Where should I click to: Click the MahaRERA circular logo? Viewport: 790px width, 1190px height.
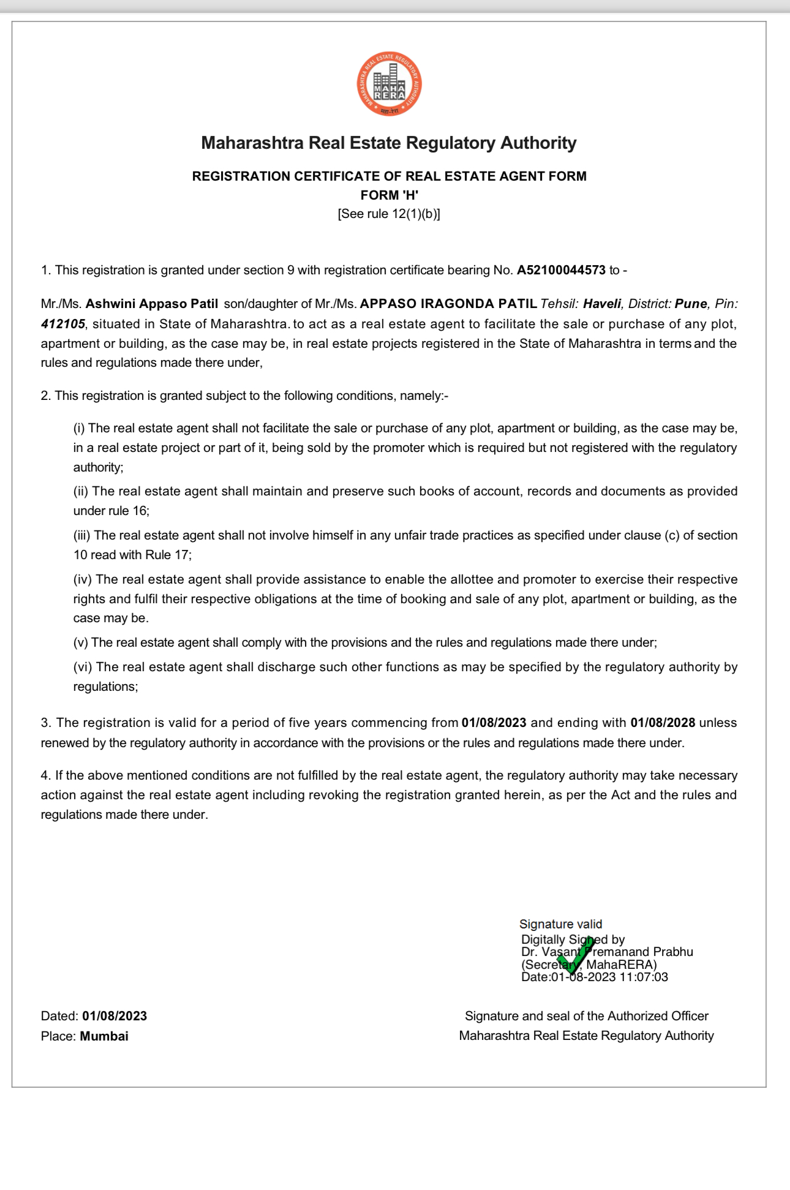pyautogui.click(x=389, y=84)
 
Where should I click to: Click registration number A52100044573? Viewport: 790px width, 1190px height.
pyautogui.click(x=561, y=270)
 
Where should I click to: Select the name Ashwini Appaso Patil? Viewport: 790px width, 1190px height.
pyautogui.click(x=152, y=304)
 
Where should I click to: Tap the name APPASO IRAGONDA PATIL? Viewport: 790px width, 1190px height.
pyautogui.click(x=448, y=304)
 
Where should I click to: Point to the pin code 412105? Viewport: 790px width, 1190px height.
pyautogui.click(x=63, y=323)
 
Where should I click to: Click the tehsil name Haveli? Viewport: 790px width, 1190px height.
pyautogui.click(x=602, y=304)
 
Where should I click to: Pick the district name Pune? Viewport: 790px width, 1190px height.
pyautogui.click(x=691, y=304)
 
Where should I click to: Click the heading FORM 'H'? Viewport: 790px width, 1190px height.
pyautogui.click(x=389, y=195)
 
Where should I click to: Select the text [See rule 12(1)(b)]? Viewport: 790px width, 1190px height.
pyautogui.click(x=389, y=214)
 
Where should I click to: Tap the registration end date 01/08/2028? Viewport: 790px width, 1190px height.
pyautogui.click(x=663, y=723)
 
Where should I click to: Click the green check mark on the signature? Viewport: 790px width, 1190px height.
pyautogui.click(x=575, y=956)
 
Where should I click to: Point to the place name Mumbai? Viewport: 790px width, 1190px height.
pyautogui.click(x=104, y=1036)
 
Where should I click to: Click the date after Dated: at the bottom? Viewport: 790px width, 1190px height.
pyautogui.click(x=115, y=1016)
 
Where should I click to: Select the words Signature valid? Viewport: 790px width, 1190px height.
pyautogui.click(x=560, y=924)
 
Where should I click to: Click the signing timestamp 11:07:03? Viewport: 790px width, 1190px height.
pyautogui.click(x=644, y=977)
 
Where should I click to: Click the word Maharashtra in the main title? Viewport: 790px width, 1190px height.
pyautogui.click(x=252, y=143)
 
